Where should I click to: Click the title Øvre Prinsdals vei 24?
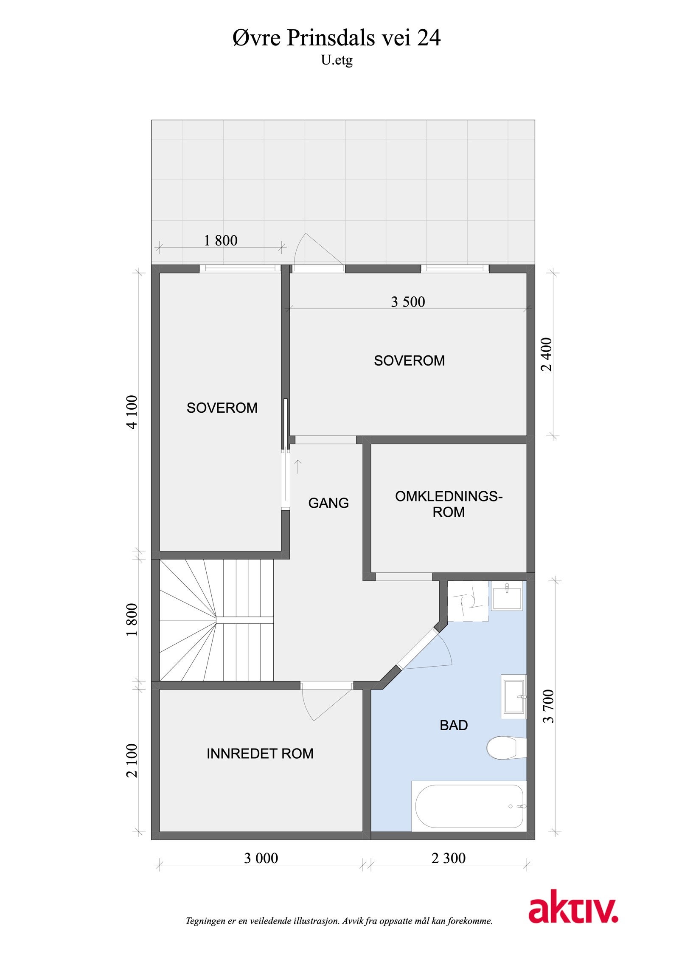click(337, 38)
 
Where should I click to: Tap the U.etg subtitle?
click(337, 61)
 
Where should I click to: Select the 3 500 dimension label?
click(407, 302)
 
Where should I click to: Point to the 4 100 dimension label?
click(132, 412)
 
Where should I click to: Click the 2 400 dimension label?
click(547, 354)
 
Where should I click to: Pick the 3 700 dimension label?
click(549, 706)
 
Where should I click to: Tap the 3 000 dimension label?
click(261, 858)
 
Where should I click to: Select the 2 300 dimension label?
click(448, 858)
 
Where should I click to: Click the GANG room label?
click(328, 503)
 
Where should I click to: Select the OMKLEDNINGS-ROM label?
click(448, 504)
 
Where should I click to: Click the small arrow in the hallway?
click(298, 466)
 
